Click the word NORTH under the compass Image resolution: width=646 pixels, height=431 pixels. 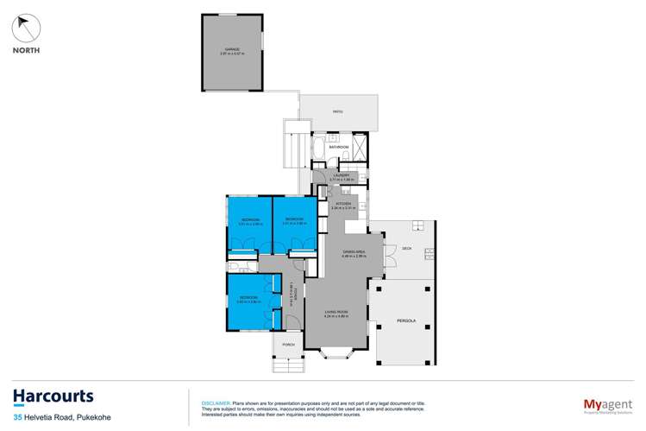(x=27, y=51)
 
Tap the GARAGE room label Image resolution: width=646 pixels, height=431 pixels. (x=232, y=49)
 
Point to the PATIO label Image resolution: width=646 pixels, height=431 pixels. (x=338, y=111)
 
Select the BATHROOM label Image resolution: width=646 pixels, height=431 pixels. (x=339, y=147)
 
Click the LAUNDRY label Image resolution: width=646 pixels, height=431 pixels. (x=342, y=175)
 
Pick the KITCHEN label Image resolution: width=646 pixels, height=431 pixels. (x=344, y=204)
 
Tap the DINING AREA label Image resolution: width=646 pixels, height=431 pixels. (x=354, y=251)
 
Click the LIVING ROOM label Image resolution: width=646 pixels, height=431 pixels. (x=336, y=312)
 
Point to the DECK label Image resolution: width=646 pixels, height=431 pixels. (x=407, y=249)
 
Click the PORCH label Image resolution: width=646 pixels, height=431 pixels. (x=288, y=345)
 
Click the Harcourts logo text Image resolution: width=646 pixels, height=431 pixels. (x=53, y=396)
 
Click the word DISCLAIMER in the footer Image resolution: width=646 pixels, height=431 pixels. (x=215, y=402)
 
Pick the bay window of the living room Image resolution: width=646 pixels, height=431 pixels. (x=336, y=353)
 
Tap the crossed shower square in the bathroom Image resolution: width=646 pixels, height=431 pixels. (x=361, y=145)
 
